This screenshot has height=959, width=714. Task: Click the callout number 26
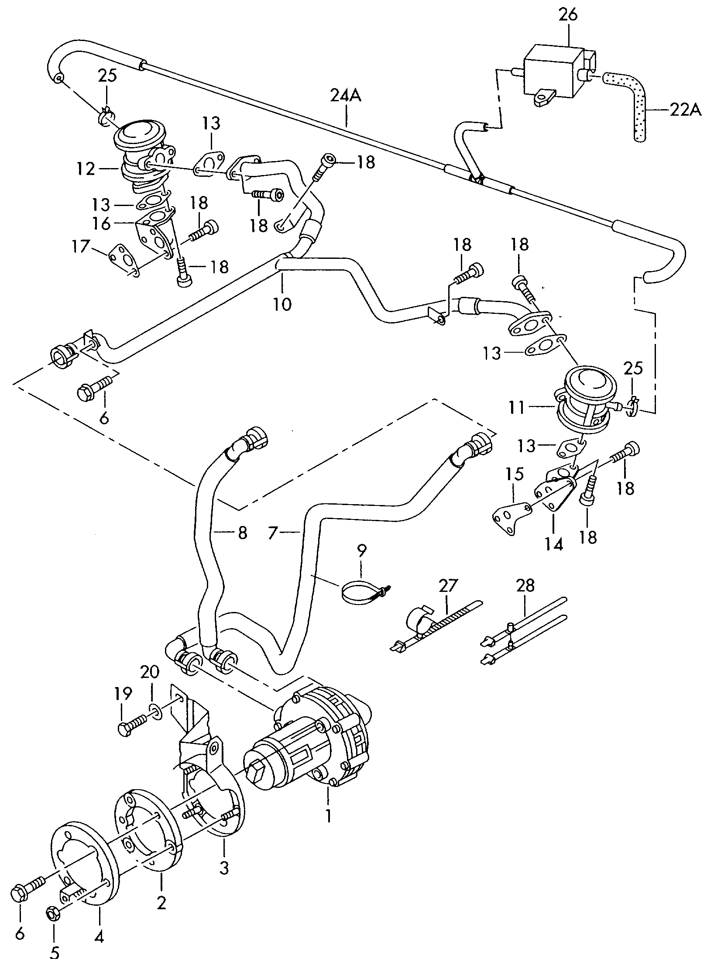pos(568,15)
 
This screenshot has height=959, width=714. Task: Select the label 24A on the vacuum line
pos(346,96)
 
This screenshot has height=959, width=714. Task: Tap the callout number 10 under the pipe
pos(282,304)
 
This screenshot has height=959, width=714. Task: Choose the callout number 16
pos(102,224)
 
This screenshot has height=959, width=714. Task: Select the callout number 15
pos(515,474)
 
